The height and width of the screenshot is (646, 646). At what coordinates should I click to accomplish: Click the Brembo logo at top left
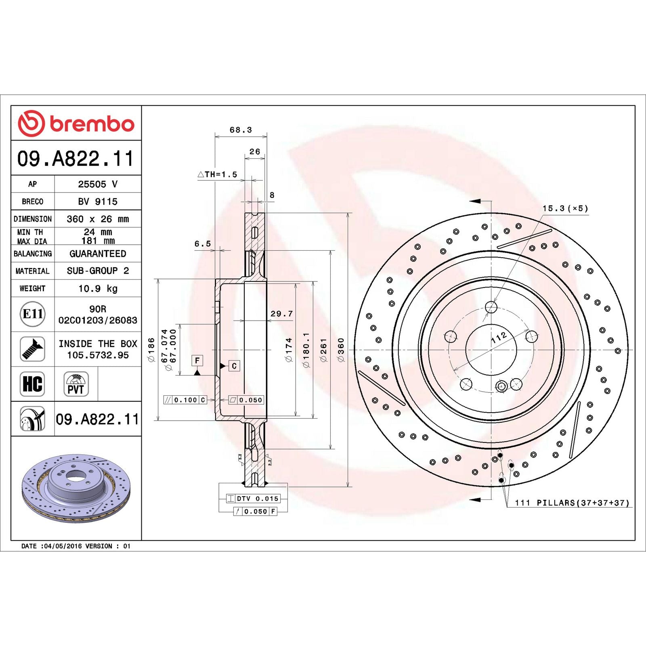(x=76, y=123)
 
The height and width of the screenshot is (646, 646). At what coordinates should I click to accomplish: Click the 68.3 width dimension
(x=241, y=130)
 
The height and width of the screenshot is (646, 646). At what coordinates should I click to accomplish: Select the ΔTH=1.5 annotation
(x=217, y=174)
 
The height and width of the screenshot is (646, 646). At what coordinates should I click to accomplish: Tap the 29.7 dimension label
(x=281, y=314)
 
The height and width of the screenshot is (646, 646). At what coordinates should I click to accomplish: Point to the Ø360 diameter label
(x=341, y=350)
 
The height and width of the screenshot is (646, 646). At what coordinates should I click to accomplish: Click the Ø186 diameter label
(x=151, y=350)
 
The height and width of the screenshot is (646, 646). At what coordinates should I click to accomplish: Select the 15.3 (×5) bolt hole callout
(x=565, y=208)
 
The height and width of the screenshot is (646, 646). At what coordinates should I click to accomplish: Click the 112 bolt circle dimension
(x=499, y=338)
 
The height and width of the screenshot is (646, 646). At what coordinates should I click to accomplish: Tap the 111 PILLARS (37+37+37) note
(x=572, y=503)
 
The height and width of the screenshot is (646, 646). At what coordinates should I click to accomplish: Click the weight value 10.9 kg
(x=98, y=288)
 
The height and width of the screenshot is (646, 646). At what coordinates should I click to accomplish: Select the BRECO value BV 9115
(x=98, y=201)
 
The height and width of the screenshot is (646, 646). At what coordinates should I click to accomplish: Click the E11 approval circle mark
(x=33, y=314)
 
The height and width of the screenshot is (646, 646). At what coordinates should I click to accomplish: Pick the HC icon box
(x=32, y=384)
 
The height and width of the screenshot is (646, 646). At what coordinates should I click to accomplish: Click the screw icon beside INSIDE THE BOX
(x=32, y=349)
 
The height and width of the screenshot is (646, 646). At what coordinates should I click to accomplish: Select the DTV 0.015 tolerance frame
(x=253, y=499)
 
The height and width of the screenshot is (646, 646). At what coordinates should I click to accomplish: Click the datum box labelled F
(x=197, y=360)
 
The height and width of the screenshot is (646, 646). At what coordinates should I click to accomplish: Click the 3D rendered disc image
(x=76, y=489)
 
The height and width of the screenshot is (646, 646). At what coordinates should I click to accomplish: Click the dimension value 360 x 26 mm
(x=98, y=219)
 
